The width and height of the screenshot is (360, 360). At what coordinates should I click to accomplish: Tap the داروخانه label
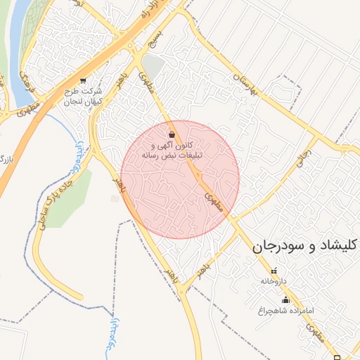coord(274,281)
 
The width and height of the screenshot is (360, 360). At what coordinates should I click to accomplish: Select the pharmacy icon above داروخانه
coord(274,271)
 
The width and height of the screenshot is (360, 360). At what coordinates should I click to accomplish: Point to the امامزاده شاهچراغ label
coord(285,309)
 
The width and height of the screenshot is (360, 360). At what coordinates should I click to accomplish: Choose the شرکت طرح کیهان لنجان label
coord(83,97)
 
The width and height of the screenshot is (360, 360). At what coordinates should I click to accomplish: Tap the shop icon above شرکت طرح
coord(84,81)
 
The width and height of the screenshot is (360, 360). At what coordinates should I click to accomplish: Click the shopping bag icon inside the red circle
coord(172,134)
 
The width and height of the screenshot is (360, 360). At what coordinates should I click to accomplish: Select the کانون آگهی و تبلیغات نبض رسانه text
coord(173,149)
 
